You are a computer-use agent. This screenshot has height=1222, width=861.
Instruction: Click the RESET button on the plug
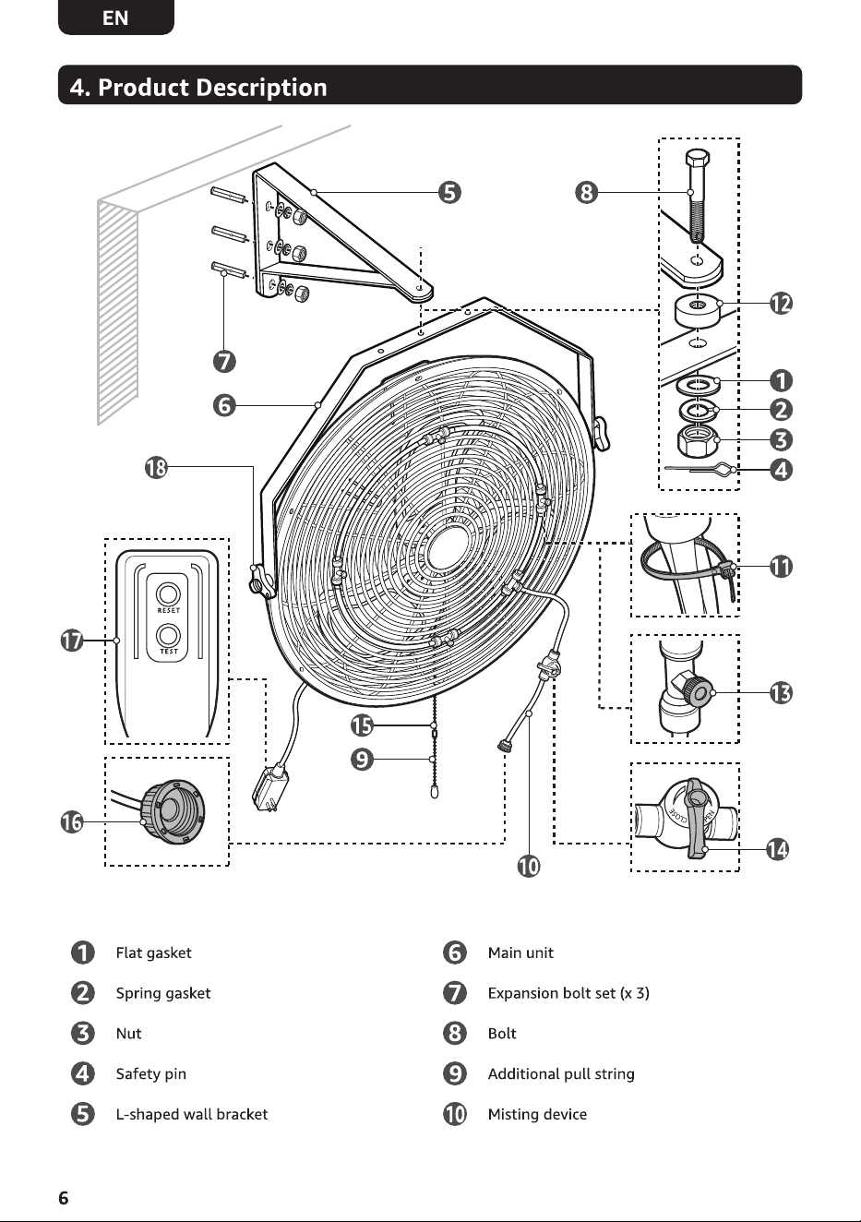pyautogui.click(x=168, y=594)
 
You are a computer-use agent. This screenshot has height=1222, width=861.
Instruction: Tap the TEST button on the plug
pyautogui.click(x=168, y=635)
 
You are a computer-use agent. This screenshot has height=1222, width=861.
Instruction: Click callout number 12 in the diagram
pyautogui.click(x=781, y=304)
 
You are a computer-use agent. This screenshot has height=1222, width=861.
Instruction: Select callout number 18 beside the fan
pyautogui.click(x=156, y=468)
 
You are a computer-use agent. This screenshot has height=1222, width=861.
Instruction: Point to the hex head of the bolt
pyautogui.click(x=699, y=160)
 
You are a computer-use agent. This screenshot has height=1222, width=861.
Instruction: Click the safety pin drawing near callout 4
pyautogui.click(x=700, y=468)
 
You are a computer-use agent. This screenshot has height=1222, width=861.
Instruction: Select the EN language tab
pyautogui.click(x=115, y=18)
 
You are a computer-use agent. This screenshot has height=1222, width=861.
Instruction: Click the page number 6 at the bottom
pyautogui.click(x=64, y=1197)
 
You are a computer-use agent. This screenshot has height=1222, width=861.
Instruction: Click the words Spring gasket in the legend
pyautogui.click(x=163, y=993)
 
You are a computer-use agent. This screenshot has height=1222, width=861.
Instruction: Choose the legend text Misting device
pyautogui.click(x=537, y=1114)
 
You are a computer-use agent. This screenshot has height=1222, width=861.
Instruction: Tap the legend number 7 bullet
pyautogui.click(x=455, y=993)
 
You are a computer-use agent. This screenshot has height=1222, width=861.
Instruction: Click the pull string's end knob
pyautogui.click(x=435, y=792)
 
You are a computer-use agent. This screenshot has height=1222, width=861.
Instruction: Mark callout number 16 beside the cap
pyautogui.click(x=71, y=821)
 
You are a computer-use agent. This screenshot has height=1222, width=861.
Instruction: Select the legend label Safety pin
pyautogui.click(x=151, y=1074)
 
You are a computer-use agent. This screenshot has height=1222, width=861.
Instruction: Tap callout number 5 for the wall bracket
pyautogui.click(x=449, y=193)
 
